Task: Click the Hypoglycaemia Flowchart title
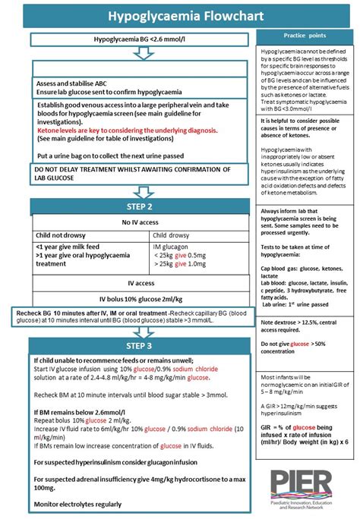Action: (179, 14)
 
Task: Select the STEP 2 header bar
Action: (139, 206)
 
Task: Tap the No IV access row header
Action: (139, 222)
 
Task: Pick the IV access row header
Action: (139, 282)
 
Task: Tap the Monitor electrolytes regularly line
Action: (78, 504)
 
